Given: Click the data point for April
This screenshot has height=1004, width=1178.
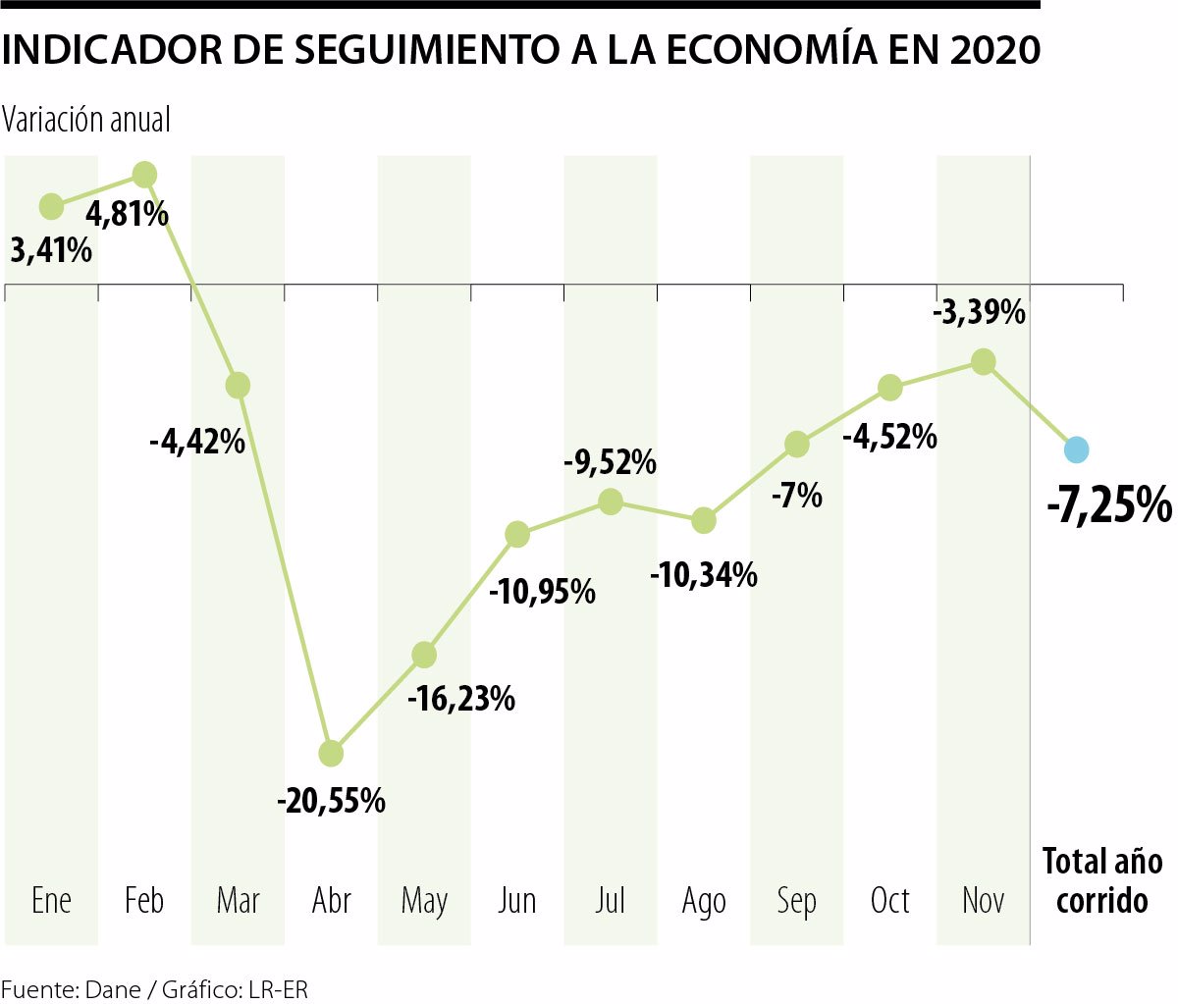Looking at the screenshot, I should pos(331,754).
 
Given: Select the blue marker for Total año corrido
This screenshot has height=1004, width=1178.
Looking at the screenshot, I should pos(1077,449).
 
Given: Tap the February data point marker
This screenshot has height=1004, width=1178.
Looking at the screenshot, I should pos(144,175).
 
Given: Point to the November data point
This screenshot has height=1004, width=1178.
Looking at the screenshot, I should pos(984,362).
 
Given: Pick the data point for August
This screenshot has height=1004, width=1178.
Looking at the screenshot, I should pos(704,520).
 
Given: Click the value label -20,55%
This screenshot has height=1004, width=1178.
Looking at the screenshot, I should pos(331,801).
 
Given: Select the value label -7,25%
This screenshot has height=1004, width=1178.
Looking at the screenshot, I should pos(1109,506).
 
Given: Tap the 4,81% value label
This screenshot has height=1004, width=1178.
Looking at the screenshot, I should pos(128,213).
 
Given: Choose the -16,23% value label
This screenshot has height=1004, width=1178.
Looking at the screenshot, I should pos(461,699).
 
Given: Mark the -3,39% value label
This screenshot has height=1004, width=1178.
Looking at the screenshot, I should pos(978,313).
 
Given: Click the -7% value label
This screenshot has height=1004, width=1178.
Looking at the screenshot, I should pos(796,496).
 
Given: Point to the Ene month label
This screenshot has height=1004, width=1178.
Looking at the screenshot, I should pos(51,900).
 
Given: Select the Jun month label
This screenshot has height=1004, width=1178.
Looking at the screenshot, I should pos(517,900).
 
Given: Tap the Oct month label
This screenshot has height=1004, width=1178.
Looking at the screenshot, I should pos(890,900).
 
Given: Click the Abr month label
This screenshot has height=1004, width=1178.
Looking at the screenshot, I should pos(332,900).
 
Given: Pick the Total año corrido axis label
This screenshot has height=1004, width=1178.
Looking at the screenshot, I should pos(1102,880).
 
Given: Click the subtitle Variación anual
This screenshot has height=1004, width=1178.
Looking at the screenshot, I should pos(86,120).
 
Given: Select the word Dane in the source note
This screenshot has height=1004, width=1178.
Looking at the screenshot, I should pos(113,989).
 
